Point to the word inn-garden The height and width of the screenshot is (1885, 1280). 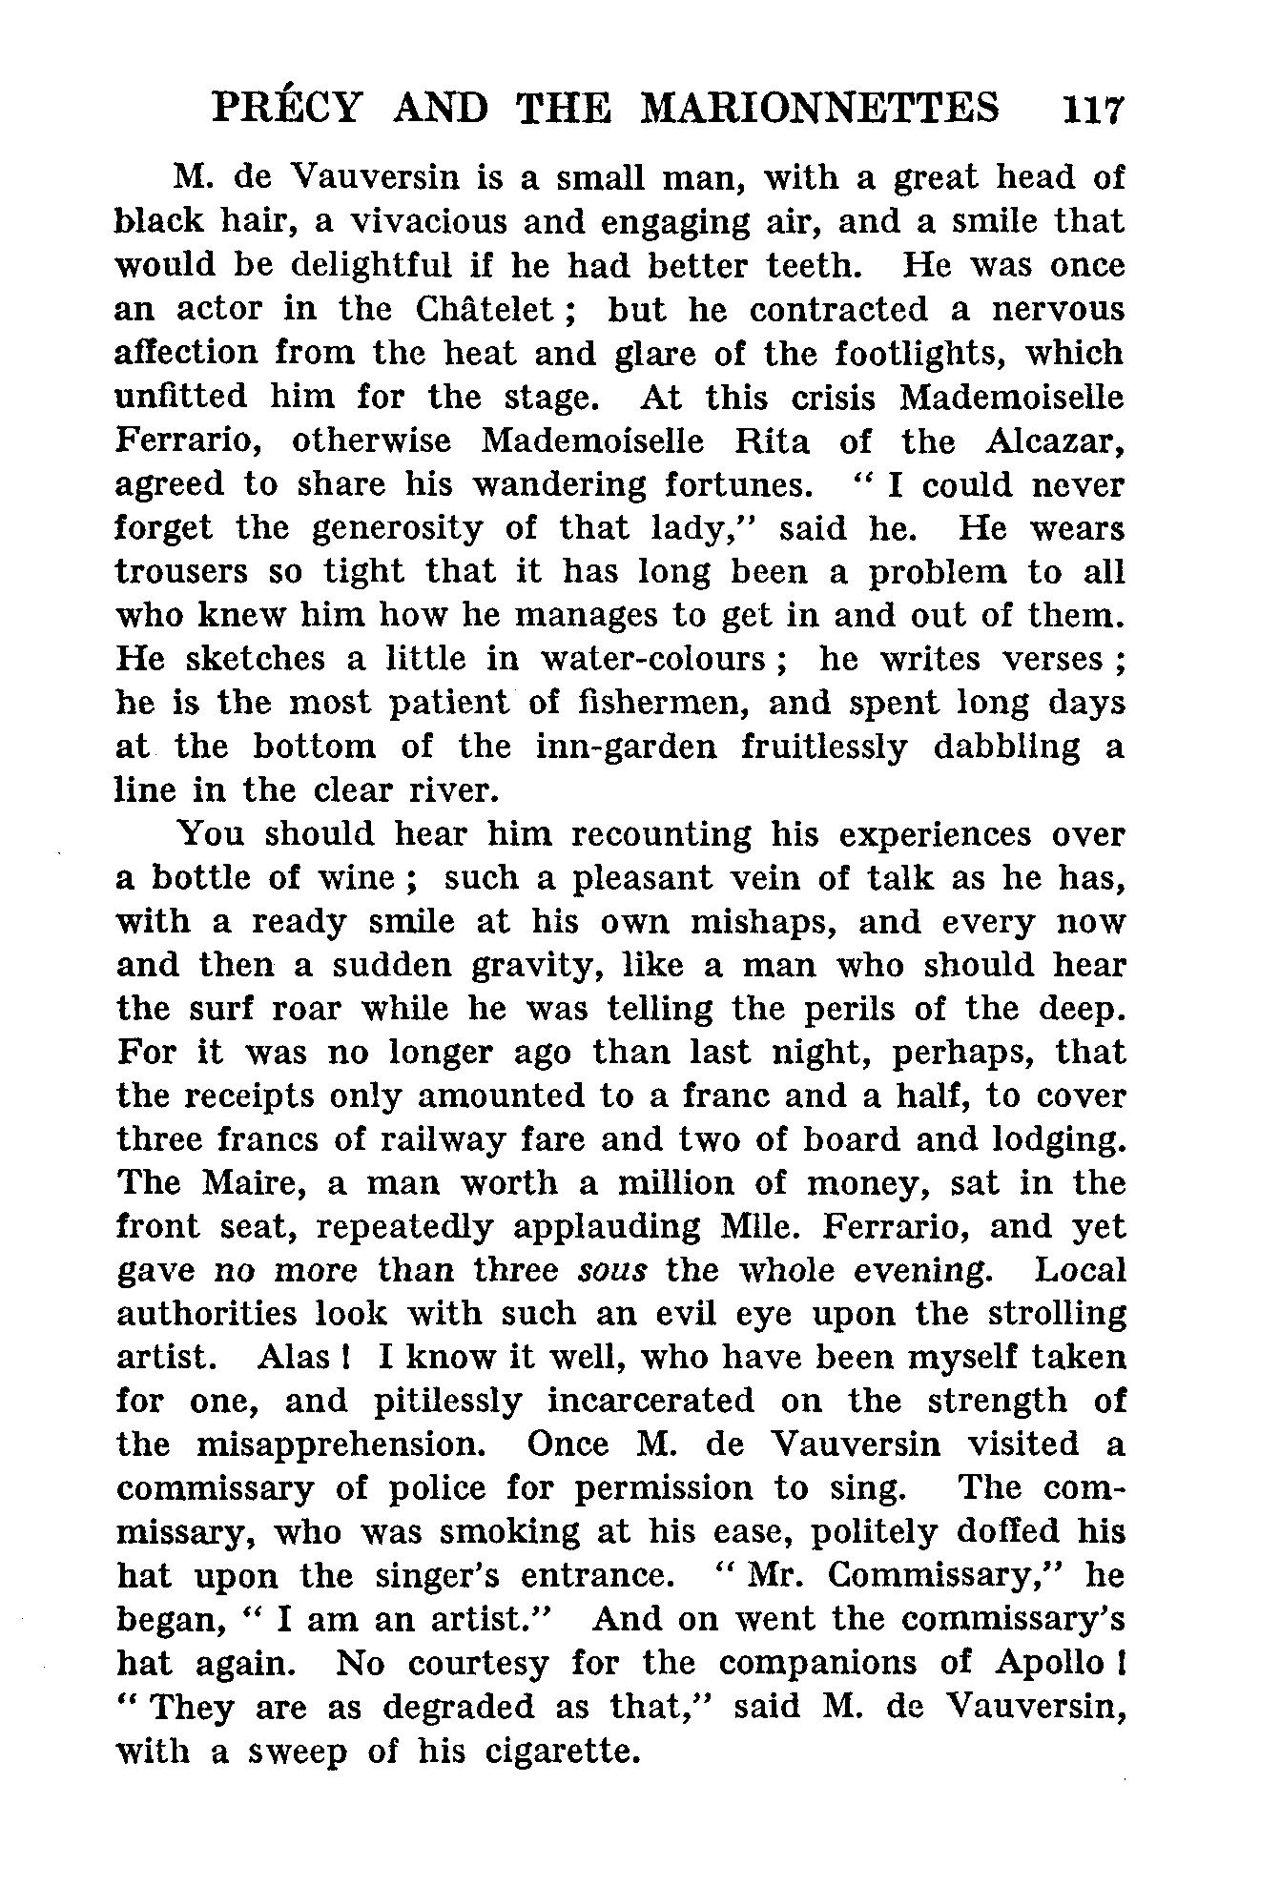coord(626,748)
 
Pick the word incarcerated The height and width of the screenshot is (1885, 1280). coord(650,1402)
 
